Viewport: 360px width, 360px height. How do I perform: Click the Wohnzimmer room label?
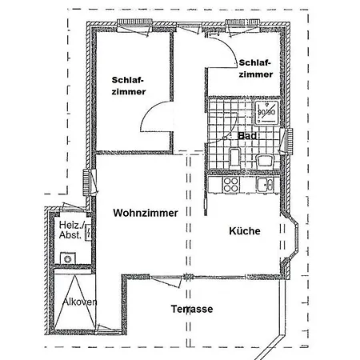click(x=146, y=213)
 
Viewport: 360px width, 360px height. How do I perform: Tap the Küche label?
click(x=245, y=230)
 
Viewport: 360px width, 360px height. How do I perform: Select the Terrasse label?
click(x=192, y=309)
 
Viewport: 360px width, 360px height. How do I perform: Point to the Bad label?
click(x=247, y=136)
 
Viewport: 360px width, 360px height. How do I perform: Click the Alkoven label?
click(x=79, y=302)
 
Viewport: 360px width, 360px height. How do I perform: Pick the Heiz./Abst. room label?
click(x=70, y=230)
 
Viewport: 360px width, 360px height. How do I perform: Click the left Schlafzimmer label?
click(x=129, y=86)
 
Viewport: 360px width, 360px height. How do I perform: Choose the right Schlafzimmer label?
click(x=256, y=69)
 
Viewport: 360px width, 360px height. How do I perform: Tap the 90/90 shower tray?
click(x=266, y=113)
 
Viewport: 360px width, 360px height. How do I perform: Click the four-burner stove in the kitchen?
click(x=231, y=185)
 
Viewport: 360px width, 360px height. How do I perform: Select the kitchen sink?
click(x=265, y=185)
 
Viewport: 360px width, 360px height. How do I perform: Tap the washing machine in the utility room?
click(x=67, y=258)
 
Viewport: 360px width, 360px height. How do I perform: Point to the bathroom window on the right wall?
click(x=289, y=142)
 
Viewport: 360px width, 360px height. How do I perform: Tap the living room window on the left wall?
click(x=86, y=182)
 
